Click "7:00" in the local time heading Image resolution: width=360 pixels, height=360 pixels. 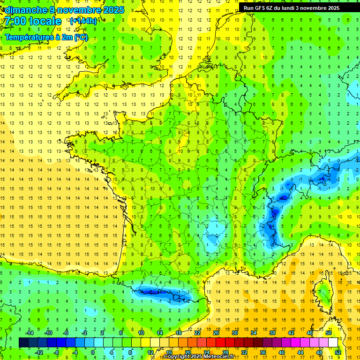[x=15, y=21]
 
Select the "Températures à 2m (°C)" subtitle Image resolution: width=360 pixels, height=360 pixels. [x=46, y=37]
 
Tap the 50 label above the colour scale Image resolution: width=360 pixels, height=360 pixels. [x=328, y=333]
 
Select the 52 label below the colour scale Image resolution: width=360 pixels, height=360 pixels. [x=337, y=352]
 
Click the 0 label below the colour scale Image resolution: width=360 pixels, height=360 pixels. [x=93, y=352]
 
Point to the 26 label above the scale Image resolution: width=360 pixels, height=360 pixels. [x=216, y=333]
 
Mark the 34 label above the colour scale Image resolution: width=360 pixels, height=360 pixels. [x=253, y=333]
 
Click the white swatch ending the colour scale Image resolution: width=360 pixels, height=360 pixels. [x=333, y=342]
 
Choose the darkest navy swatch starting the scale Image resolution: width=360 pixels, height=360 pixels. [x=23, y=342]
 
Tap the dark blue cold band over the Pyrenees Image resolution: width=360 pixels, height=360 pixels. [x=159, y=293]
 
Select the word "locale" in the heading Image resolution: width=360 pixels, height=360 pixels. [x=45, y=21]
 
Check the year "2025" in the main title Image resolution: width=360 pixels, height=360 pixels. [x=114, y=10]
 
